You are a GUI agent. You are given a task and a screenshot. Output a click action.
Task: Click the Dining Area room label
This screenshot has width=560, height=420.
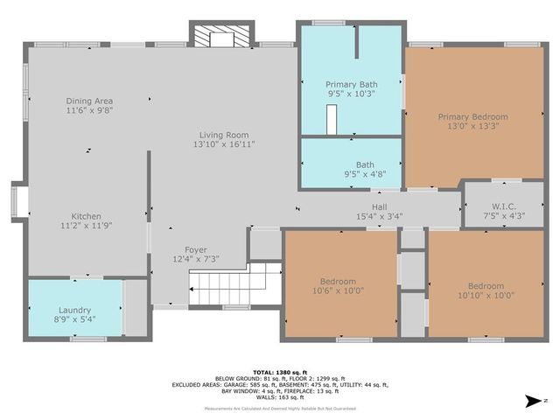[x=89, y=101]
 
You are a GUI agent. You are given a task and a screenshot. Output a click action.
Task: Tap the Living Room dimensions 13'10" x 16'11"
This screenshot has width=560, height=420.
[x=224, y=144]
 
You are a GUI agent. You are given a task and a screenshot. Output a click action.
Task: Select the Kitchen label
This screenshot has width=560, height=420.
[x=87, y=216]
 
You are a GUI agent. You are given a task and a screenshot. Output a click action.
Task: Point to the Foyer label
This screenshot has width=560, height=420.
[x=195, y=250]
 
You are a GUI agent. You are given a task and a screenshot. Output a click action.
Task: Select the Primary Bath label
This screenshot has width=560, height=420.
[x=350, y=83]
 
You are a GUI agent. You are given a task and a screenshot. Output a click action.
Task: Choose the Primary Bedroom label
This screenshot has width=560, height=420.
[x=472, y=116]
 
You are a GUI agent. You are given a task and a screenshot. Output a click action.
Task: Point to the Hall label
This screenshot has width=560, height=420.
[x=379, y=206]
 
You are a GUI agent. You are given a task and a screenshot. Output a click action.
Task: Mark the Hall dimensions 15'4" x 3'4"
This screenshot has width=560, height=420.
[x=379, y=216]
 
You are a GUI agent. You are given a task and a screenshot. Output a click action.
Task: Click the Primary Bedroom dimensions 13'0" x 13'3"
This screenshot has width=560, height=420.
[x=472, y=126]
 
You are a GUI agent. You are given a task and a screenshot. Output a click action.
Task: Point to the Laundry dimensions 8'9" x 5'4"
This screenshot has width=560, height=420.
[x=74, y=318]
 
